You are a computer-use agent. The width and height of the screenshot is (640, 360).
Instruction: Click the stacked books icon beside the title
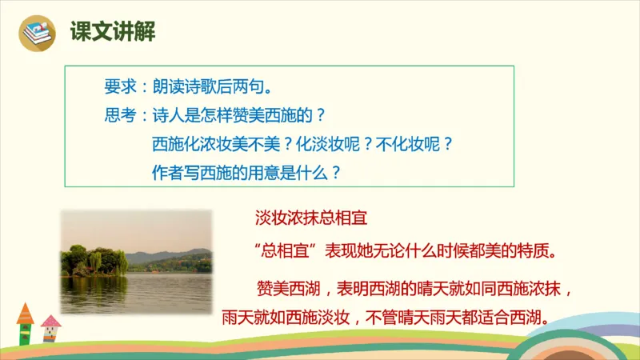(35, 33)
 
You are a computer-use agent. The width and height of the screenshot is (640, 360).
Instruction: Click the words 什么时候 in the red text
(443, 250)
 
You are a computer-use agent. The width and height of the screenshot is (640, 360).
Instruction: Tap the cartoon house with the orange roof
(25, 322)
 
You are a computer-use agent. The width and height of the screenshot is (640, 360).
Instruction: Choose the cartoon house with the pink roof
(50, 327)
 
